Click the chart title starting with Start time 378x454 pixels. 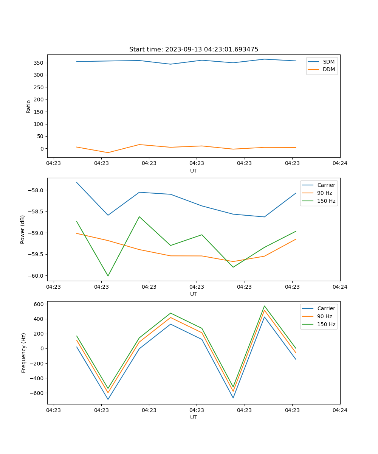click(194, 50)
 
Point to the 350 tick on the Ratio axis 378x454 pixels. click(38, 63)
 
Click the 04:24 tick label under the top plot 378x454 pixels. click(340, 163)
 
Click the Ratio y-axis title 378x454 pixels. click(29, 106)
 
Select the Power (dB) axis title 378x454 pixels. click(23, 229)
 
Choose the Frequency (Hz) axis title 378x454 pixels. click(24, 353)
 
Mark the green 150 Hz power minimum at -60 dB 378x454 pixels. click(108, 276)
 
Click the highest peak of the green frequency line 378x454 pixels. click(264, 306)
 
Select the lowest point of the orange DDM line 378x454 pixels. click(108, 152)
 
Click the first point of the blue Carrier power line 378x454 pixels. click(77, 182)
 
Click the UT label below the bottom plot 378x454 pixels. click(194, 417)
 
